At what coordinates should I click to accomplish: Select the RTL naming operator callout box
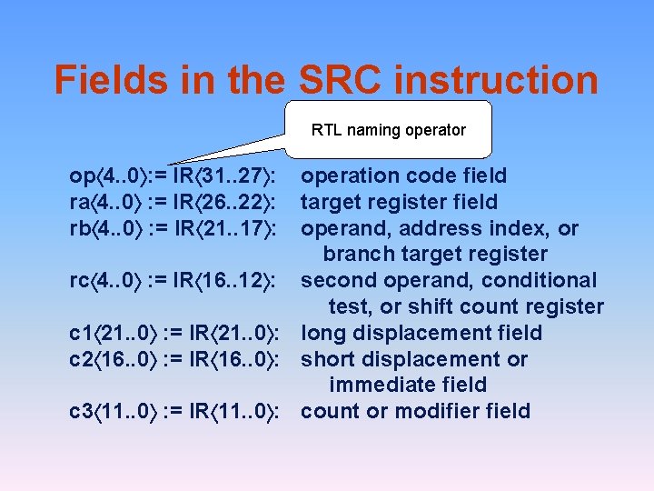click(389, 130)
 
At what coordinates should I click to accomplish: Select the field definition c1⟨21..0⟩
click(113, 334)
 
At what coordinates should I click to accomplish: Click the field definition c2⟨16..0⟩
click(113, 360)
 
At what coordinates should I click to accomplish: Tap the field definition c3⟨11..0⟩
click(113, 412)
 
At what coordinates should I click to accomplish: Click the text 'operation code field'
click(404, 175)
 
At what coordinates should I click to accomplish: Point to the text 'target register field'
click(400, 202)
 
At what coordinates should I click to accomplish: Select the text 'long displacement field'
click(421, 334)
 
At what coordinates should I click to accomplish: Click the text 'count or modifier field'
click(415, 412)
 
